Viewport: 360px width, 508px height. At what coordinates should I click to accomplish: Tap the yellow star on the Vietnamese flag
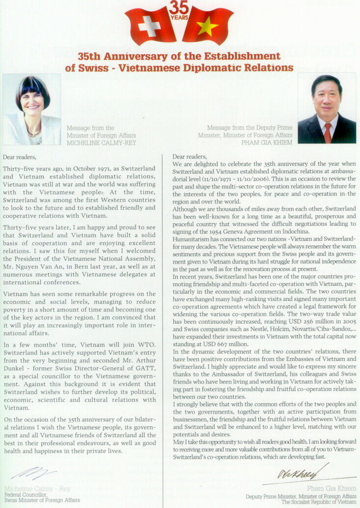[208, 27]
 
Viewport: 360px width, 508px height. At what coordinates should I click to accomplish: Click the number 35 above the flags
[179, 7]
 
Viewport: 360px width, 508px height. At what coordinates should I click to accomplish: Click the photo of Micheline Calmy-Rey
[32, 109]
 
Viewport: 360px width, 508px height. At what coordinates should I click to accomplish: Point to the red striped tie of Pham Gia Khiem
[328, 132]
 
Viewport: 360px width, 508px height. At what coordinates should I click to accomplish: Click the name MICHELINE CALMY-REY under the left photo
[102, 143]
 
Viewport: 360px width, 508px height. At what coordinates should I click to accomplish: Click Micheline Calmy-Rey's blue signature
[33, 474]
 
